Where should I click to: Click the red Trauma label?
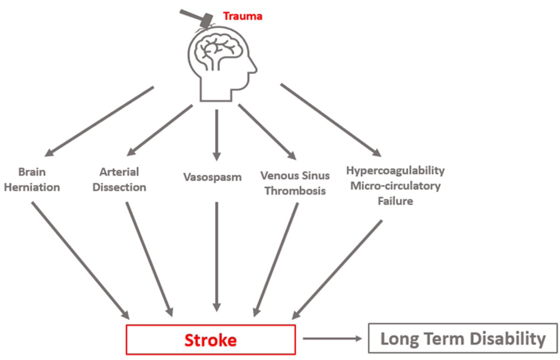click(x=243, y=16)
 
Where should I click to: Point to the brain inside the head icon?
click(x=219, y=51)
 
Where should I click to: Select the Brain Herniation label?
click(x=33, y=180)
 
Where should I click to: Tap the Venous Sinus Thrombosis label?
click(x=295, y=183)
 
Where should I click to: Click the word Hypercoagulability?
click(x=395, y=170)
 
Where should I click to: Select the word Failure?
click(x=395, y=202)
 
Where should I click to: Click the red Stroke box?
click(x=210, y=340)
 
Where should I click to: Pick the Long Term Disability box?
click(x=463, y=339)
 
